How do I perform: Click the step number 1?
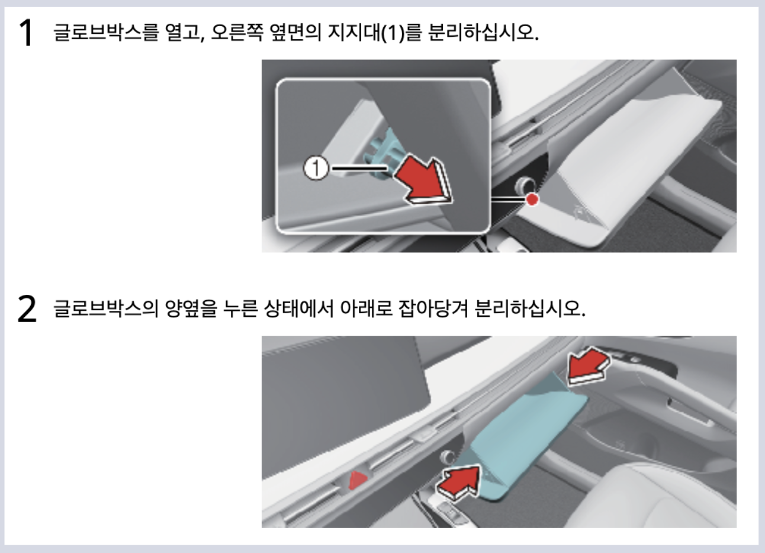(x=25, y=33)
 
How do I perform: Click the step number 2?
(x=27, y=309)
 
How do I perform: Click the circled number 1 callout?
(x=316, y=168)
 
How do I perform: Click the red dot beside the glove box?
(x=532, y=200)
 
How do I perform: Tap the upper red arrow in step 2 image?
(x=587, y=364)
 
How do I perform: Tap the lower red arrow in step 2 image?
(x=458, y=480)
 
